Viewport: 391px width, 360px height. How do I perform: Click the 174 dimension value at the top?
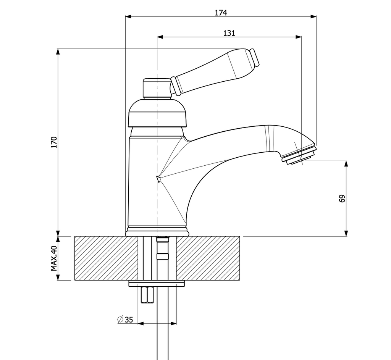coord(221,13)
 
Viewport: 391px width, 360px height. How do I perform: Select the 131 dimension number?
coord(229,33)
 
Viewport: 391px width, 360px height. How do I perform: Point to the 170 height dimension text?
coord(54,142)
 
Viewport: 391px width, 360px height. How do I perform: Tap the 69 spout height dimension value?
coord(342,199)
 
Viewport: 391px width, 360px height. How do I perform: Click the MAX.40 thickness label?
coord(54,258)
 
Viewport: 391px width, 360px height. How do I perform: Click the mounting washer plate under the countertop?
coord(157,283)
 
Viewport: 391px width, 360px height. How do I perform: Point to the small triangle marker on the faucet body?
coord(158,179)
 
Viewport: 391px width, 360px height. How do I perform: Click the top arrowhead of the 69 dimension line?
coord(346,164)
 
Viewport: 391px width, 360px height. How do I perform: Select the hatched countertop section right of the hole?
coord(208,258)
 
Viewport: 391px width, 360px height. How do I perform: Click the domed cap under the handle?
coord(158,112)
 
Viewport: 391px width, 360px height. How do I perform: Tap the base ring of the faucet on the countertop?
coord(157,232)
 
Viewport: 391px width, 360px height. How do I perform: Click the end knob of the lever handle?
coord(254,58)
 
